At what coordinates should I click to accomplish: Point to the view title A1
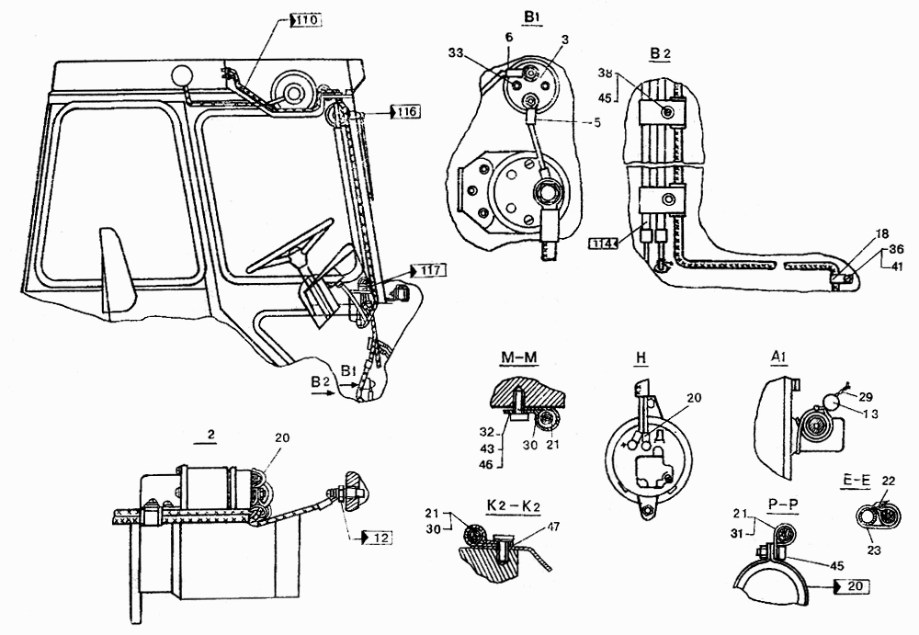coord(779,357)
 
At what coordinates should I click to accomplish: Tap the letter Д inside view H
coord(660,434)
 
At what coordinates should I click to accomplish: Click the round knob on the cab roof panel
coord(182,74)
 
